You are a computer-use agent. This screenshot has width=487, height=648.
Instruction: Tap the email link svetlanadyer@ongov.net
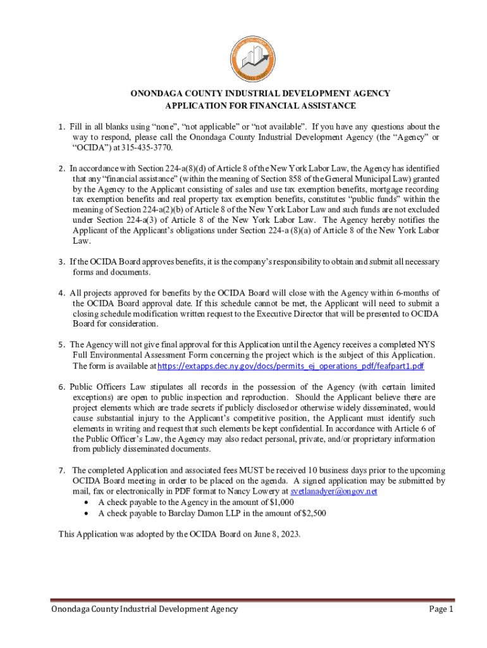coord(334,491)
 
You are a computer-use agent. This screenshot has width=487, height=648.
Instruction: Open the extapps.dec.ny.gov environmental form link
coord(290,366)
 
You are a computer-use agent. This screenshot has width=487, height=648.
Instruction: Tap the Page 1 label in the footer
coord(441,609)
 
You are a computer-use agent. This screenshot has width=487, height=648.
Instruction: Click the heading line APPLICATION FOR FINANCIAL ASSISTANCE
coord(261,106)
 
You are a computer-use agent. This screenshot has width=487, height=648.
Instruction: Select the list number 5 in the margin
coord(61,345)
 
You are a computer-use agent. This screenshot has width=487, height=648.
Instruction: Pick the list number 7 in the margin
coord(61,470)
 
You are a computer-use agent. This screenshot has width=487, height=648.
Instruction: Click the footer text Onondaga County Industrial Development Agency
coord(136,609)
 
